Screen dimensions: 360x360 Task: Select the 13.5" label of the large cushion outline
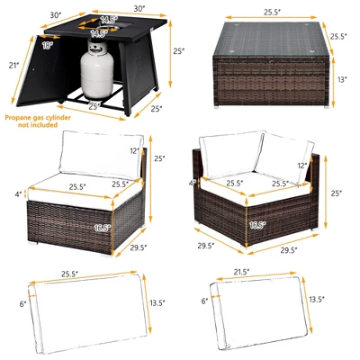click(x=158, y=302)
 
